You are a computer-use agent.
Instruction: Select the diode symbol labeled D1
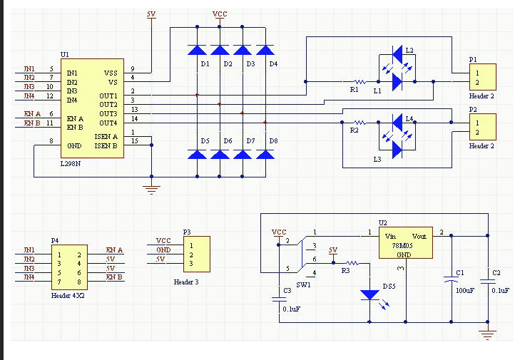(x=198, y=50)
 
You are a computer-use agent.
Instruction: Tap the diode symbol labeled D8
(x=265, y=153)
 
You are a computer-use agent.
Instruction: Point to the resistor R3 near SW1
(x=352, y=263)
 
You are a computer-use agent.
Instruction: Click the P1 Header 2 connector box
(x=481, y=77)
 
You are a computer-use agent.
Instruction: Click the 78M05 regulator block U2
(x=404, y=245)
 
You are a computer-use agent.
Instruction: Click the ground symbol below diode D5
(x=151, y=188)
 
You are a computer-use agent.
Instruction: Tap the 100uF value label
(x=464, y=291)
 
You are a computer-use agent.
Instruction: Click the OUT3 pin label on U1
(x=108, y=113)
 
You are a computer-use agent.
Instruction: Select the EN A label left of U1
(x=32, y=113)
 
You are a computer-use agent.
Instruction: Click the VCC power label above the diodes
(x=220, y=14)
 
